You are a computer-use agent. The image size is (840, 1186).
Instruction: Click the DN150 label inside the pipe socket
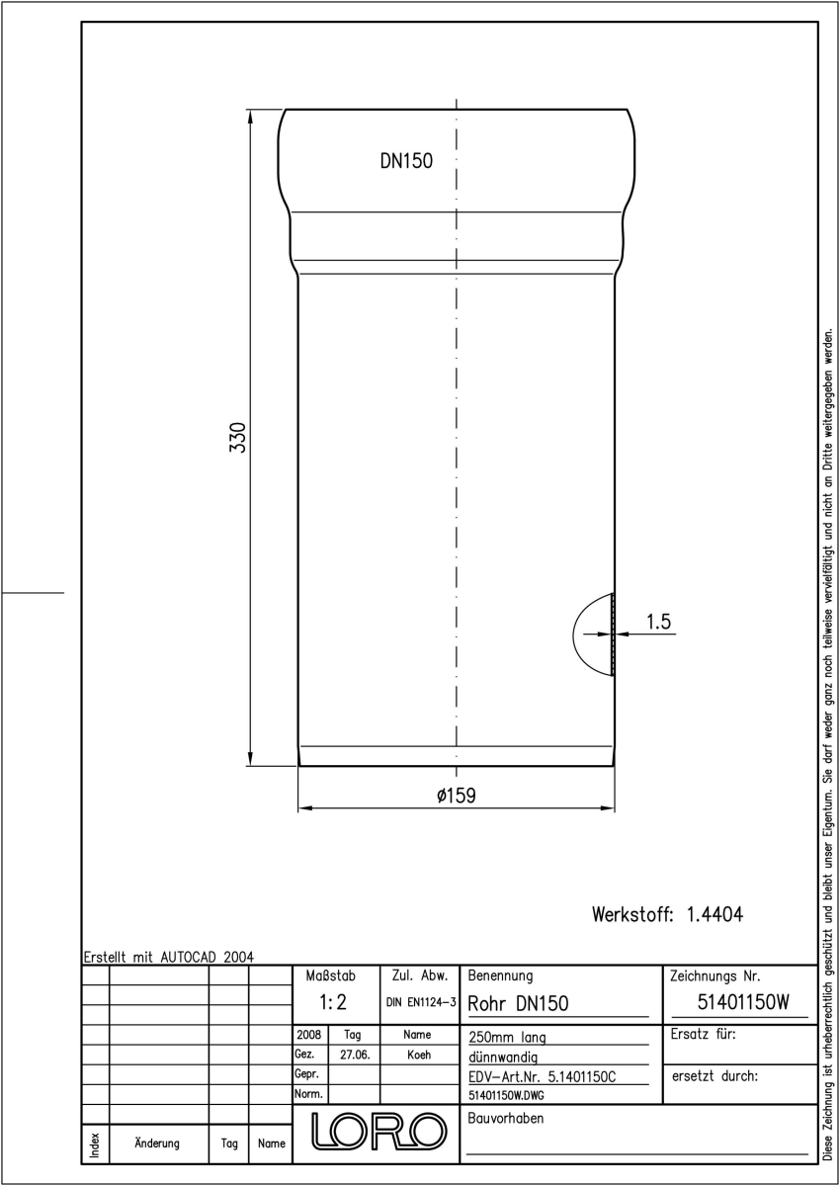(406, 161)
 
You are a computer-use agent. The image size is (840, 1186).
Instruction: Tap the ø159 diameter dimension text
(457, 796)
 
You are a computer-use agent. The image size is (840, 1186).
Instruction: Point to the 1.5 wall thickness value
(658, 622)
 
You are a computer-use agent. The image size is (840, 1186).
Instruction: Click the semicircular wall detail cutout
(574, 634)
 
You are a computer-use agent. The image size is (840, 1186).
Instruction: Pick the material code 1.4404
(714, 914)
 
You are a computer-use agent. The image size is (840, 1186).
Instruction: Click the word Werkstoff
(632, 914)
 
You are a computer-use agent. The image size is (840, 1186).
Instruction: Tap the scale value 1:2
(333, 1003)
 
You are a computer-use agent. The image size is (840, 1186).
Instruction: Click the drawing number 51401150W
(743, 1002)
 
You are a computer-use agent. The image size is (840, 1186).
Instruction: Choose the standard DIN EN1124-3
(421, 1002)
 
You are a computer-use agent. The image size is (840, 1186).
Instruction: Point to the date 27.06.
(355, 1055)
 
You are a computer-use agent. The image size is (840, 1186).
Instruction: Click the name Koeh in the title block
(419, 1055)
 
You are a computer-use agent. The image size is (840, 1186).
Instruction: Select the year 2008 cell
(308, 1034)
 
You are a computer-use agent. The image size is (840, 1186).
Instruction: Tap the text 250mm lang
(507, 1037)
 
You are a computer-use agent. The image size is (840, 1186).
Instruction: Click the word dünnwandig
(503, 1058)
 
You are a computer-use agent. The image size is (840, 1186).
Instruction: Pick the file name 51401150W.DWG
(506, 1095)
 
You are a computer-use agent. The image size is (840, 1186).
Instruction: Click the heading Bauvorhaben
(505, 1118)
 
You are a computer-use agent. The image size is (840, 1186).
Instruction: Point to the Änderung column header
(157, 1144)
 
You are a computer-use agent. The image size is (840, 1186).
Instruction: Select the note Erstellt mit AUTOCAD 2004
(169, 957)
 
